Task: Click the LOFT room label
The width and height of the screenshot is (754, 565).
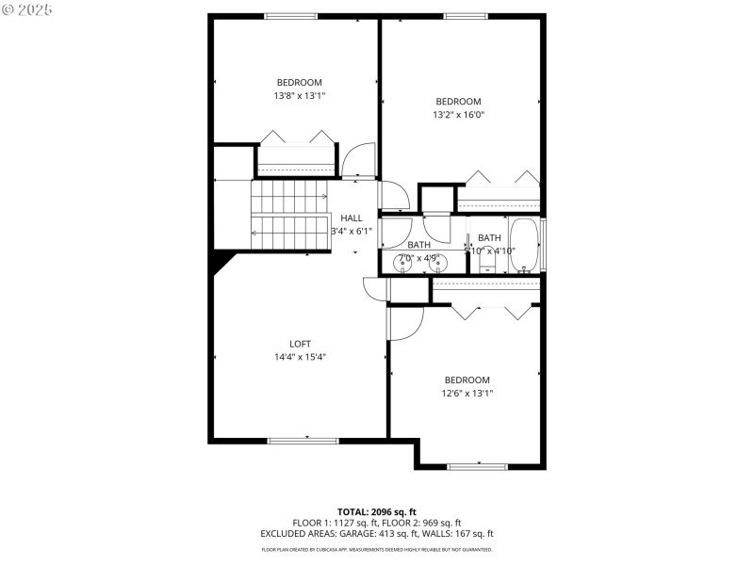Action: (x=300, y=344)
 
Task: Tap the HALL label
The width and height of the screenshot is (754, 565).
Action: (x=352, y=218)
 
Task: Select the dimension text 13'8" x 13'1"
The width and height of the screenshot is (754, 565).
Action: (x=300, y=95)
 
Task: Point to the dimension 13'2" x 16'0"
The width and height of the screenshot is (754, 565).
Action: (x=458, y=115)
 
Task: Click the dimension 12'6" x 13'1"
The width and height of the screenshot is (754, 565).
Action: (x=467, y=394)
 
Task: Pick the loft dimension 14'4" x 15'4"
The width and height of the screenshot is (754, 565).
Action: (x=300, y=357)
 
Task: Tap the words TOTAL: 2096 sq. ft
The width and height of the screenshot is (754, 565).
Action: (x=376, y=510)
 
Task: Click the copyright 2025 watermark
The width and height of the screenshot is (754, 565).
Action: (x=26, y=9)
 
